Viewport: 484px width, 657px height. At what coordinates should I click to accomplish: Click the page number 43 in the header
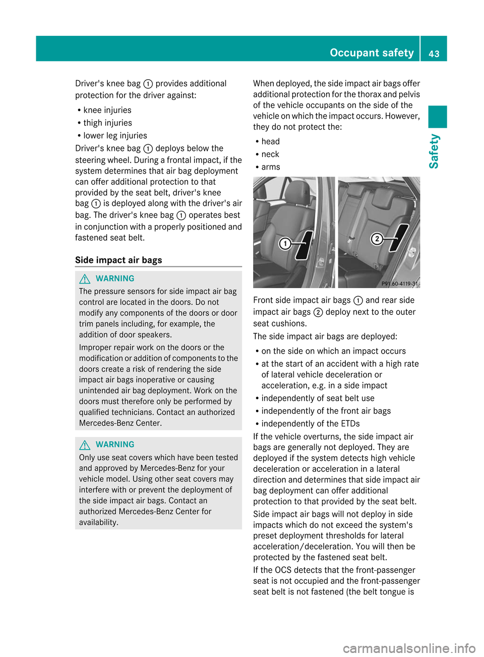tap(434, 53)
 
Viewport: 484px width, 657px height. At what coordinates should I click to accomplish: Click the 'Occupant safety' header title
tap(372, 52)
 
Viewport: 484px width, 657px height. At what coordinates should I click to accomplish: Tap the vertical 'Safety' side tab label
tap(434, 151)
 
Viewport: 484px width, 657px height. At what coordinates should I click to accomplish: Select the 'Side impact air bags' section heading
tap(118, 260)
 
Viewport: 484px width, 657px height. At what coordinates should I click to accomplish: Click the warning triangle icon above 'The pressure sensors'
tap(85, 279)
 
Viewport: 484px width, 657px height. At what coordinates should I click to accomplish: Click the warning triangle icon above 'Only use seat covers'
tap(85, 445)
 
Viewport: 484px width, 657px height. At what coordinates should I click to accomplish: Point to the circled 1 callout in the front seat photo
tap(285, 244)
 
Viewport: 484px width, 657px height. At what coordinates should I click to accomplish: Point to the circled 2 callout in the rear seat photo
tap(377, 239)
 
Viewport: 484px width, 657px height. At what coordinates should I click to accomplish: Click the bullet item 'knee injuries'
tap(107, 110)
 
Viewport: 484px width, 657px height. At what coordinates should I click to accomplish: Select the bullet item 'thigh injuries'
tap(107, 123)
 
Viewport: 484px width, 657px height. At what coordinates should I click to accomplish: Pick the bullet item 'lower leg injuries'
tap(115, 135)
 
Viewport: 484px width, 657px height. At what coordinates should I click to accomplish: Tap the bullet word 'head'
tap(270, 141)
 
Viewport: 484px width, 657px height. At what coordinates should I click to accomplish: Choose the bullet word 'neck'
tap(270, 154)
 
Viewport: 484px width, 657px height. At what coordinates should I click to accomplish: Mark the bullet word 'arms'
tap(271, 167)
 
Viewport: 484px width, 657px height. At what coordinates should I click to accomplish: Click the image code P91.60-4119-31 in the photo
tap(400, 284)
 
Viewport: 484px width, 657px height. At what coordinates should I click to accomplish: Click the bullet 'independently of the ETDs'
tap(310, 423)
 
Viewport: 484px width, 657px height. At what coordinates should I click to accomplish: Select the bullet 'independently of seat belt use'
tap(318, 398)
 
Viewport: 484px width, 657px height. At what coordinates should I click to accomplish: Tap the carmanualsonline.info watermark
tap(409, 648)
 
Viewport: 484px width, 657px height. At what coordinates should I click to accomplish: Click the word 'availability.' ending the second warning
tap(99, 522)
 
